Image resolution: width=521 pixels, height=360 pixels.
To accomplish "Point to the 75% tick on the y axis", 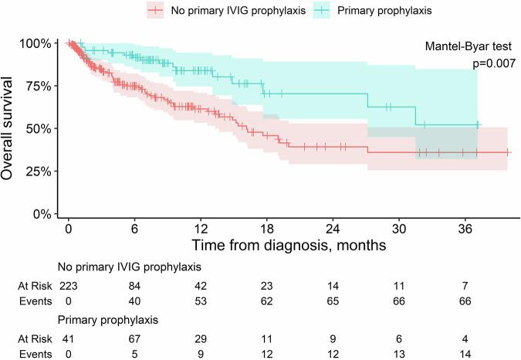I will [39, 86].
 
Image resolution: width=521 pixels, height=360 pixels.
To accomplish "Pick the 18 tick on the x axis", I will [267, 229].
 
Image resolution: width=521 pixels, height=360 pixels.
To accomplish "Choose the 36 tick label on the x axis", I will [465, 229].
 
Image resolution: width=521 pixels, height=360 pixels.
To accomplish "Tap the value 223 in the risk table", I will [69, 285].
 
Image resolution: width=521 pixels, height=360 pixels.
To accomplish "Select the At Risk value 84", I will [135, 285].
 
